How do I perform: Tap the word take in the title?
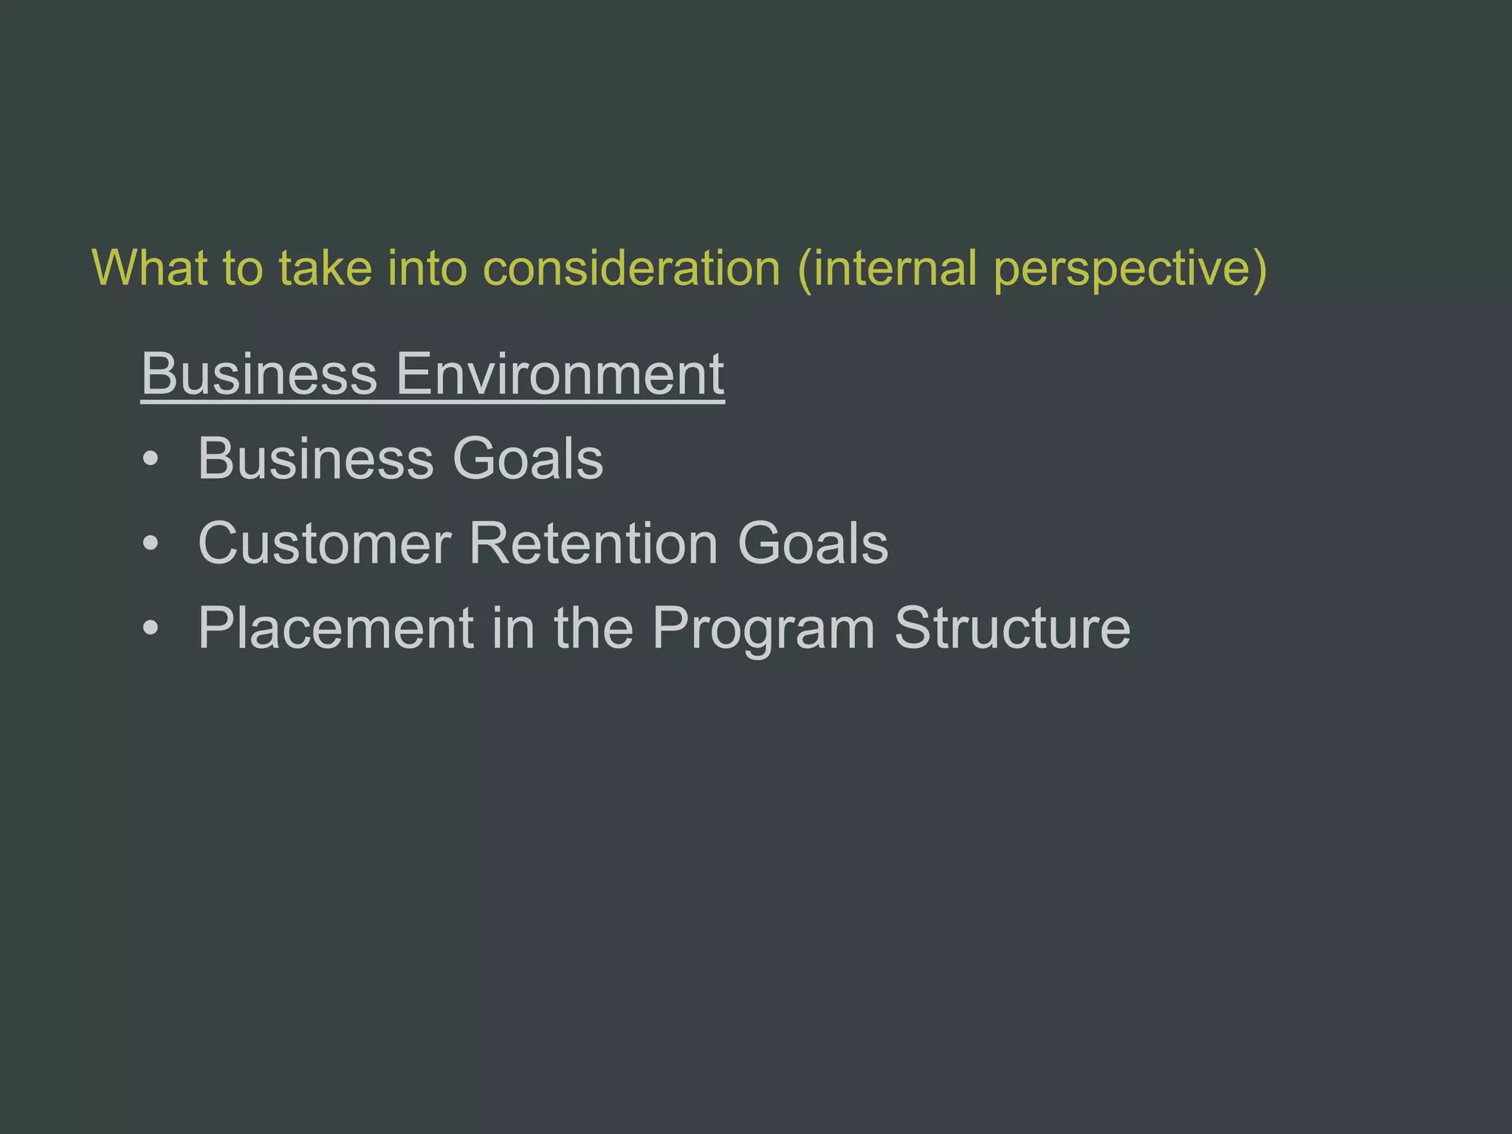click(x=325, y=267)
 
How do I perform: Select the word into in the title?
click(x=427, y=267)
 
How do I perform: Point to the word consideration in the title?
click(x=631, y=267)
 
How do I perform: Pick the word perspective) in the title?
click(x=1130, y=269)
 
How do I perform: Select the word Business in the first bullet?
click(x=316, y=458)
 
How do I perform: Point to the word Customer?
click(x=325, y=543)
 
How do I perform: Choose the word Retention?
click(x=594, y=543)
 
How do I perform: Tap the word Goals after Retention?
click(x=813, y=543)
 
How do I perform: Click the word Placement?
click(x=336, y=628)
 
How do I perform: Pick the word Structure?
click(x=1012, y=628)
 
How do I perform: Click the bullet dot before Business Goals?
click(x=151, y=459)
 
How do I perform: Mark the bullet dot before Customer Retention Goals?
click(x=151, y=544)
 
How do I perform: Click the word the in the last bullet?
click(x=594, y=628)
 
